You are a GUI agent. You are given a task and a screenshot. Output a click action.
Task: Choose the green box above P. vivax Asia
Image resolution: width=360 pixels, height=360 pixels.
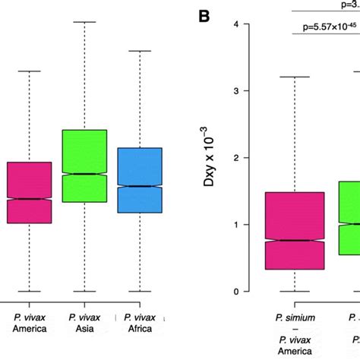[x=84, y=166]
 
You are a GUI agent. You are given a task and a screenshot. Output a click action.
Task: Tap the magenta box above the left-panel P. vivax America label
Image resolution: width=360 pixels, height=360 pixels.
[x=29, y=192]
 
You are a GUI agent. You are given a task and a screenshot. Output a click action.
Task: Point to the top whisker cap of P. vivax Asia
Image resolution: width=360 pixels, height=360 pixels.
[x=84, y=22]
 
